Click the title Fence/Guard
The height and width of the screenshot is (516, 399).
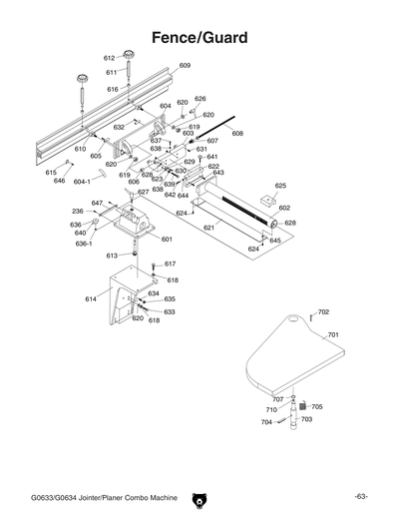click(199, 37)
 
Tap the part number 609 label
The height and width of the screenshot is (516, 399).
click(185, 66)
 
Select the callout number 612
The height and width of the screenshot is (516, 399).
click(109, 59)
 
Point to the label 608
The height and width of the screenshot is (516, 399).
click(237, 133)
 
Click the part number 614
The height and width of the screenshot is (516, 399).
click(91, 298)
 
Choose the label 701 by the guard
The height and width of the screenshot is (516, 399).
click(333, 335)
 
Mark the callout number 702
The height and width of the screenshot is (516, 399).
click(323, 312)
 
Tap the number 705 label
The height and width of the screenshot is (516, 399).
click(317, 406)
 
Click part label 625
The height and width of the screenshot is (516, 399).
click(280, 186)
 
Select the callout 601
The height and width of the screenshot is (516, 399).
click(167, 240)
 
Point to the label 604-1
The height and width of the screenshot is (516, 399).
click(81, 182)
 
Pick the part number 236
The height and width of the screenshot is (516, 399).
click(77, 212)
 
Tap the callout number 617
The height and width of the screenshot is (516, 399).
click(170, 264)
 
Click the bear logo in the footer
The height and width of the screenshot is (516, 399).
click(199, 496)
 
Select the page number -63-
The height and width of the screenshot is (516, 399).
click(360, 496)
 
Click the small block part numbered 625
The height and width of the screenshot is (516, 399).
click(264, 200)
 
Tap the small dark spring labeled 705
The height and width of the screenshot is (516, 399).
click(303, 406)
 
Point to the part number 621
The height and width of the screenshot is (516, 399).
click(208, 229)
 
